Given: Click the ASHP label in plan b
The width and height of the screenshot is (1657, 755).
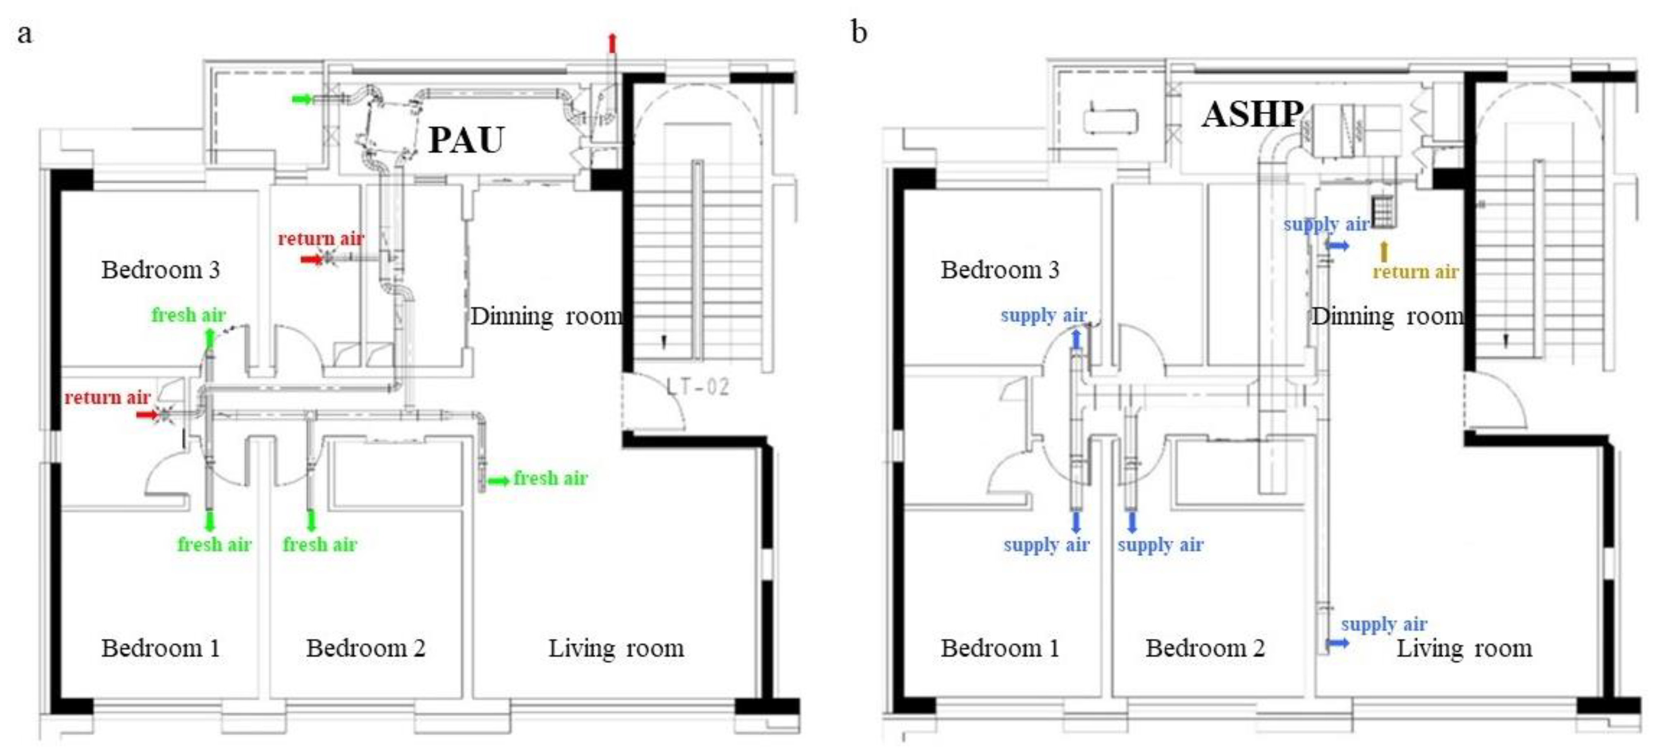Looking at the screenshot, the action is tap(1252, 115).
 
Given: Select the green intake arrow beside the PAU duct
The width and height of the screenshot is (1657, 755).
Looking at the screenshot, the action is tap(302, 98).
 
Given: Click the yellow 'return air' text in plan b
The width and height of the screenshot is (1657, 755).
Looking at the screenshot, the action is tap(1415, 272).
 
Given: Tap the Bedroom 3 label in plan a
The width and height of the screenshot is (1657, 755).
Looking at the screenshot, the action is tap(161, 269).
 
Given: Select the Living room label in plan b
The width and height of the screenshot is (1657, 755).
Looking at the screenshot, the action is tap(1464, 648).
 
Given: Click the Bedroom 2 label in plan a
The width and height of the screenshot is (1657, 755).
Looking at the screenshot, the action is tap(365, 648).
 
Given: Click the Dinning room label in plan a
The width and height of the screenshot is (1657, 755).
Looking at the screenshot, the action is tap(546, 316).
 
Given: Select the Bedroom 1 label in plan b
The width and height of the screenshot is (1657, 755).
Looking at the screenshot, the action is tap(1000, 648).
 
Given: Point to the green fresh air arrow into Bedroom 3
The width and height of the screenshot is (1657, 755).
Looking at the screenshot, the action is tap(209, 338).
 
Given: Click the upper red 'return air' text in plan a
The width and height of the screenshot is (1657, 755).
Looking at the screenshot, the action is tap(320, 239).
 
